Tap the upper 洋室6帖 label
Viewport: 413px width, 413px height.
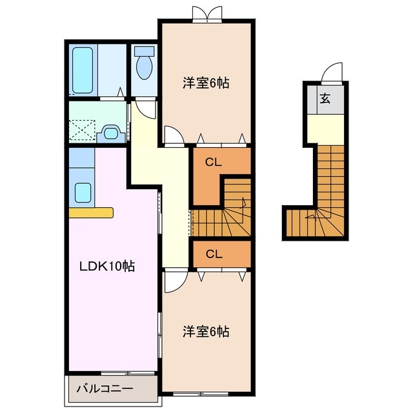tap(206, 83)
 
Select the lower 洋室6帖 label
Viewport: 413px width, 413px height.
tap(206, 332)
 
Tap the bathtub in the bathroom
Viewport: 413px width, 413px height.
tap(83, 70)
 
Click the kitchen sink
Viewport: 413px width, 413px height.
tap(83, 192)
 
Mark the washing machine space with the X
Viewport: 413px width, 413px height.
tap(83, 130)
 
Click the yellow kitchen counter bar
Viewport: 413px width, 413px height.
tap(90, 212)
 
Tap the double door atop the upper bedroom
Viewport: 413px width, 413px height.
tap(206, 12)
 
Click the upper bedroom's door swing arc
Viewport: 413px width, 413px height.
tap(173, 136)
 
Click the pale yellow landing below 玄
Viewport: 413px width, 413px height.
tap(325, 129)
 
